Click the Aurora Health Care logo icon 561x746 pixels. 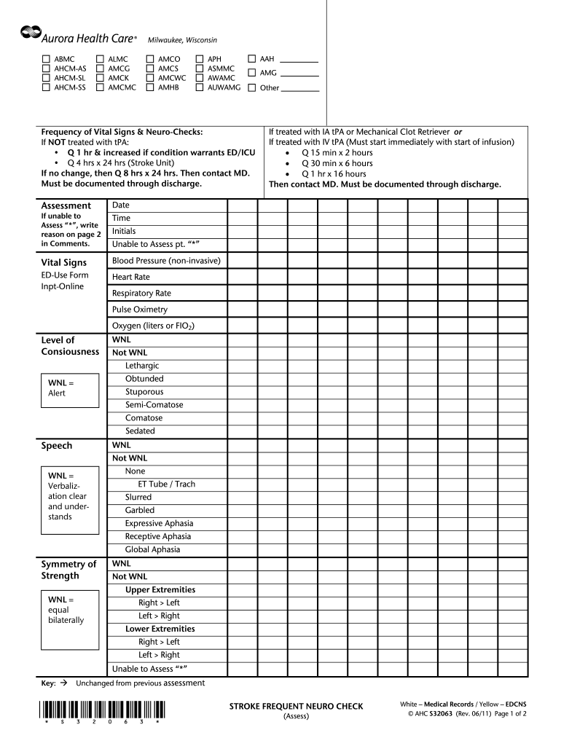(31, 31)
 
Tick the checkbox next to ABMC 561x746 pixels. (47, 58)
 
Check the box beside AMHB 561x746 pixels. (151, 87)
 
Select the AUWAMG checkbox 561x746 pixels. (200, 87)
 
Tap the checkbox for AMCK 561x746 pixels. (101, 78)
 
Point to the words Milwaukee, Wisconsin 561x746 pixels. (182, 39)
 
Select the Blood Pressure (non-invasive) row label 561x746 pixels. (166, 261)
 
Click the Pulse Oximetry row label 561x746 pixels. (140, 310)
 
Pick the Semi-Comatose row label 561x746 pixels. (154, 405)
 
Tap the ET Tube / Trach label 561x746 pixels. (167, 484)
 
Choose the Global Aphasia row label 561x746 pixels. (152, 550)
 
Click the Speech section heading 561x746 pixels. (57, 446)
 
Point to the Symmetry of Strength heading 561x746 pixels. (68, 570)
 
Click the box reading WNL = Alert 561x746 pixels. (68, 388)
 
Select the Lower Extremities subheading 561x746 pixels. (160, 629)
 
